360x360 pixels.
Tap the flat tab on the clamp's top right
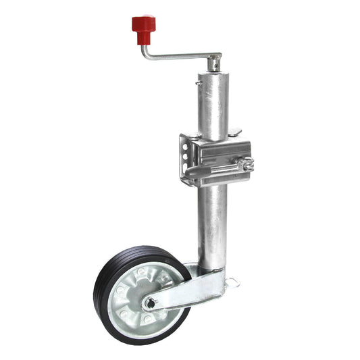235,132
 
